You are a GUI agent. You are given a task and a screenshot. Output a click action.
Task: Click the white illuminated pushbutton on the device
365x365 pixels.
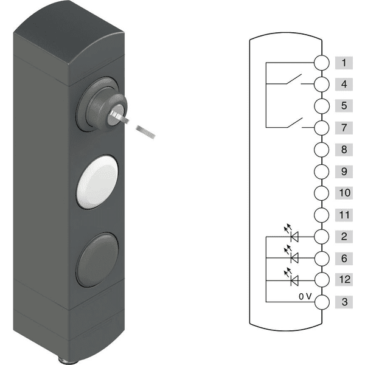click(97, 181)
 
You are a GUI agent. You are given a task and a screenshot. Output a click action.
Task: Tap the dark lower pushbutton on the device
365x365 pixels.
click(97, 259)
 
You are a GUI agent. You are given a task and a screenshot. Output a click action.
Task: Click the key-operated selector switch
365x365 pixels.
click(102, 105)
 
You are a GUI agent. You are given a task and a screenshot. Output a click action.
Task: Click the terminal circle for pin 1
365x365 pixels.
click(322, 63)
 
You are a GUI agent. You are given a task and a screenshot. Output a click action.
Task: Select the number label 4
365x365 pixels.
click(344, 84)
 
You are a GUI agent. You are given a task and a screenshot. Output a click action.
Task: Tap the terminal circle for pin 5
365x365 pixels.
click(322, 106)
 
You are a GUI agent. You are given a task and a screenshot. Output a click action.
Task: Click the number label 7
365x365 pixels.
click(344, 128)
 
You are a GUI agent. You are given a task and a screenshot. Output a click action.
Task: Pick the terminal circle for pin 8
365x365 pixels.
click(322, 150)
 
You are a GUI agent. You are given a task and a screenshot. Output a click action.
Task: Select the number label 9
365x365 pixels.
click(344, 172)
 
